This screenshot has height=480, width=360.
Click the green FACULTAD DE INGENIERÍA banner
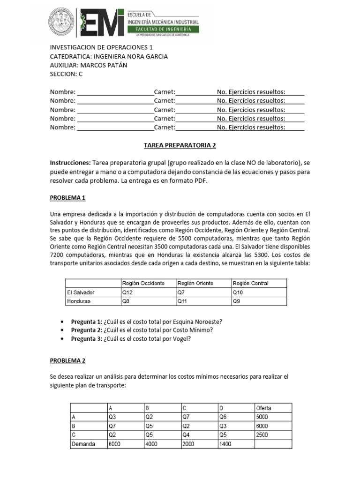tap(164, 30)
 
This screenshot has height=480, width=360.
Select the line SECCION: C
tap(66, 74)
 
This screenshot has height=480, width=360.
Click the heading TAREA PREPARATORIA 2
tap(180, 145)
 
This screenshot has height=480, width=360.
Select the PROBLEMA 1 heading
tap(67, 198)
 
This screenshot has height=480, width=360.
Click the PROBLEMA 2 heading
tap(67, 361)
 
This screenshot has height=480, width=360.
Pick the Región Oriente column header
tap(195, 283)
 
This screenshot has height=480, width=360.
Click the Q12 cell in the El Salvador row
tap(127, 292)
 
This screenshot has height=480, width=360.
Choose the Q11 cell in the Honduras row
tap(182, 301)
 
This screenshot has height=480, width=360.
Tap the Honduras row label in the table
tap(78, 301)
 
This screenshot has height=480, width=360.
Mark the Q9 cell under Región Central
tap(237, 301)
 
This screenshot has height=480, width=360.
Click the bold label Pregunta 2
tap(86, 330)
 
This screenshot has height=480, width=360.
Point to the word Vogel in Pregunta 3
tap(182, 339)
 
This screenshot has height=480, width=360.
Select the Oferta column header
tap(263, 408)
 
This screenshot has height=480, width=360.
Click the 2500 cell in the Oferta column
tap(263, 435)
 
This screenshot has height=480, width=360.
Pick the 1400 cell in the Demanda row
tap(225, 444)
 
